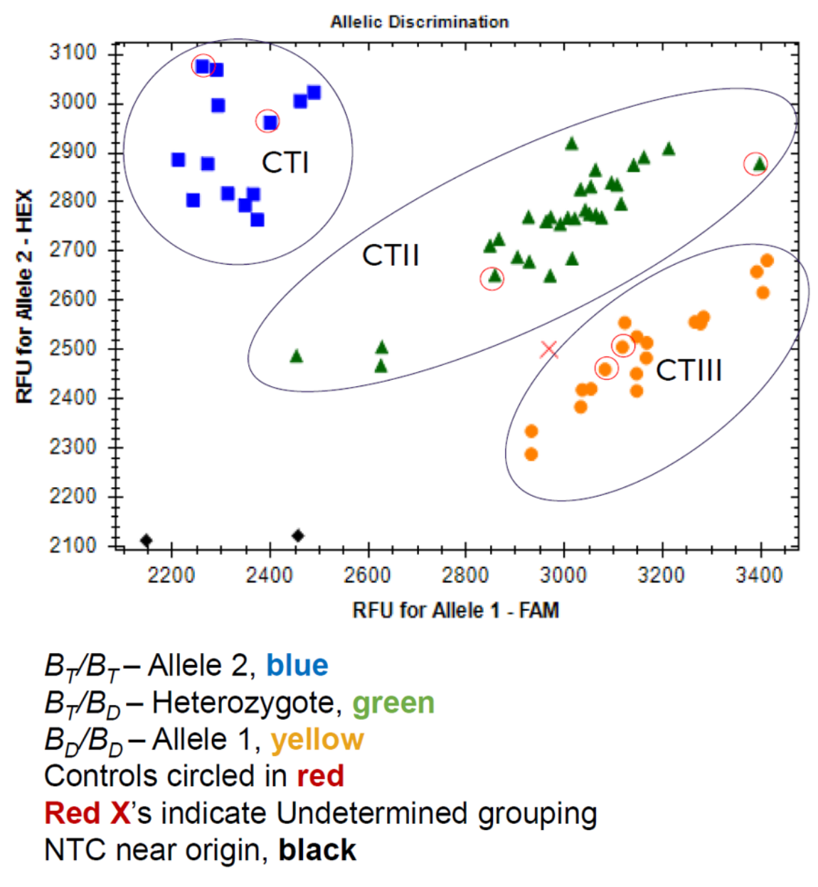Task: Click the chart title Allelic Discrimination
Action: [x=419, y=22]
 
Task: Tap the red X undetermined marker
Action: [x=548, y=350]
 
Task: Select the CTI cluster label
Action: [x=285, y=163]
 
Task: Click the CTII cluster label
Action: [x=391, y=255]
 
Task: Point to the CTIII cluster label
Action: [x=689, y=371]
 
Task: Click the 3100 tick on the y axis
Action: [x=73, y=53]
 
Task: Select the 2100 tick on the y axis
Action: [x=73, y=546]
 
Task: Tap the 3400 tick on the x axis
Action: [x=759, y=575]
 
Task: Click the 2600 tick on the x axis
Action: [x=367, y=575]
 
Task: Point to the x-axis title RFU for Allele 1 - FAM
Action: [x=455, y=610]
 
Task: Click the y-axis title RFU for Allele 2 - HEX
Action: [x=25, y=296]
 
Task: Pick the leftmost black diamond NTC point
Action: [x=146, y=541]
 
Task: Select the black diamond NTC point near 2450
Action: [x=298, y=536]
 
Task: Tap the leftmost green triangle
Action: [x=297, y=356]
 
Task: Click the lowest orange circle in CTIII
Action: [x=531, y=454]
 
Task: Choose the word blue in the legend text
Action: [x=297, y=666]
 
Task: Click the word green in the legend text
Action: [x=393, y=703]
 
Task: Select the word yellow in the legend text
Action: [x=317, y=740]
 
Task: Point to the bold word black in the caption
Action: [x=317, y=850]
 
